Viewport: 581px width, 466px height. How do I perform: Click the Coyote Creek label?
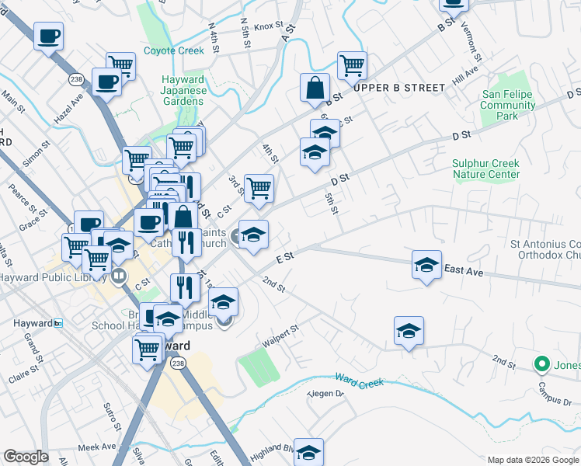point(174,51)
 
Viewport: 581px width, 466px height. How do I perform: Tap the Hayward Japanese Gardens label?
point(184,90)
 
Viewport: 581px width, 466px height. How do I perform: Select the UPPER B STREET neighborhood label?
point(399,88)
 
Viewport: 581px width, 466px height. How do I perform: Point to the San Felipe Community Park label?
point(510,105)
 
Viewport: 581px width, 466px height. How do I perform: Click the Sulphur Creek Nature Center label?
point(486,169)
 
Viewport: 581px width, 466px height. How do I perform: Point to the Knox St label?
point(269,26)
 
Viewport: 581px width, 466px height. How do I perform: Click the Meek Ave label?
point(96,447)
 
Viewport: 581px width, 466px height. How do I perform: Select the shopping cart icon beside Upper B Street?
point(352,66)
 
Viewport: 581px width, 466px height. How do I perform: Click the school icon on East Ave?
point(426,266)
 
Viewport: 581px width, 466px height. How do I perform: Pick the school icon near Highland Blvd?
point(308,452)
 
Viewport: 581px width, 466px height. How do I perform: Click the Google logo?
point(26,457)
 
